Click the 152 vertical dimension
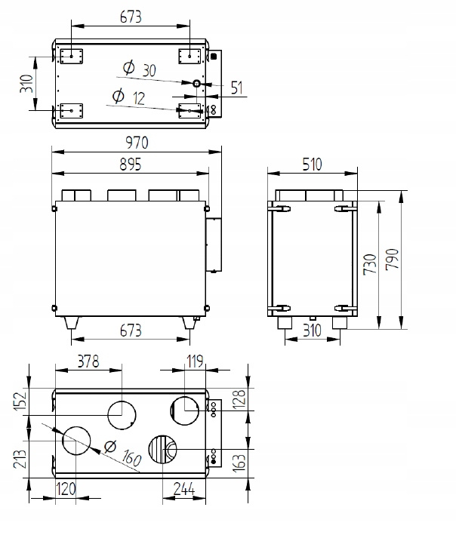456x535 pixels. (21, 404)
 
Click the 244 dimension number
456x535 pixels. (183, 490)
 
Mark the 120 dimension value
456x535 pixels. (66, 490)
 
